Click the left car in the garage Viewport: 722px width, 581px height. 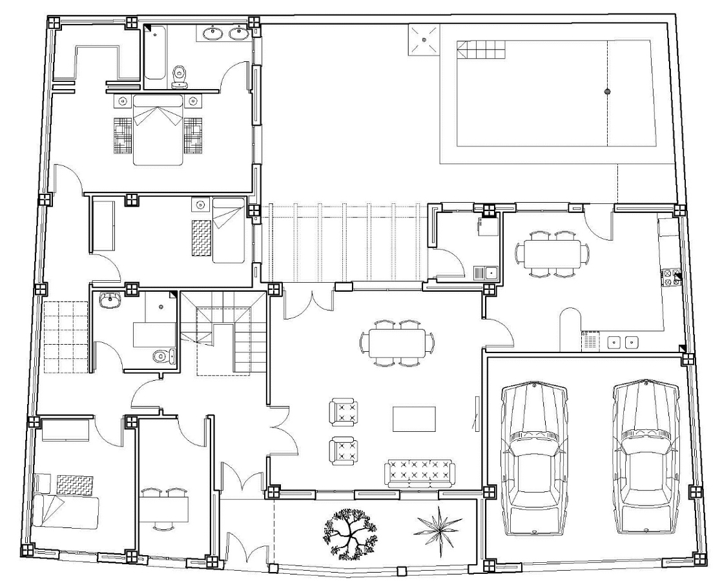534,458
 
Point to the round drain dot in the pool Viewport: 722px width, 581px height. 606,92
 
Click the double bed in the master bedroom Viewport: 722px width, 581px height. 157,129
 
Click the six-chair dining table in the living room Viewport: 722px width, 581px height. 397,343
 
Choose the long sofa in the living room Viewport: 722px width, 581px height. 420,473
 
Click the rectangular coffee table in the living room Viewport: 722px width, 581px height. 414,418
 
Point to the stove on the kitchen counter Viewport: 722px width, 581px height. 670,277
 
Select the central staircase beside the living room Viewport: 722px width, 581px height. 223,332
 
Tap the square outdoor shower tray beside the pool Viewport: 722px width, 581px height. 423,40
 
